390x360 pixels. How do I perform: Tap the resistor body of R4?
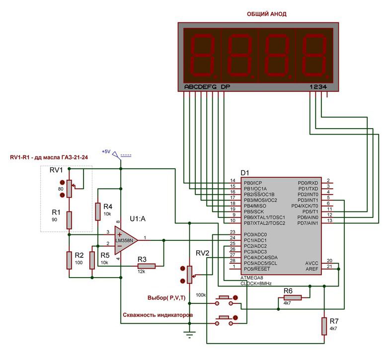pos(98,212)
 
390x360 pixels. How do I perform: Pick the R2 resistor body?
pos(69,260)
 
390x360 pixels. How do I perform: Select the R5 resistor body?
pos(92,260)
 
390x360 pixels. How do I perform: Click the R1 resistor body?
pos(69,219)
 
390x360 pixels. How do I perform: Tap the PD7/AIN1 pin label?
pos(309,222)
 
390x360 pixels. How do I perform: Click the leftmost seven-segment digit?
pos(200,54)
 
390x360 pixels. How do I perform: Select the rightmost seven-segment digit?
pos(315,54)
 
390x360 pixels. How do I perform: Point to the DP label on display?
pos(226,87)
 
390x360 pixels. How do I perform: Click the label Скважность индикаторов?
pos(157,315)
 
